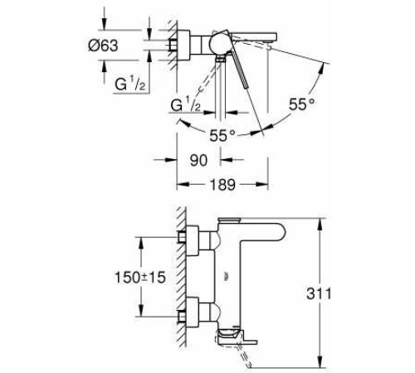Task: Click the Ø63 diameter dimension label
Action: (103, 46)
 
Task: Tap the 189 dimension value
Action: (222, 185)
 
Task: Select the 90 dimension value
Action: (198, 160)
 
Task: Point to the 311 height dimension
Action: (319, 293)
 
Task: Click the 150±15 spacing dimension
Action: (140, 277)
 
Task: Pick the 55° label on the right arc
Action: (301, 104)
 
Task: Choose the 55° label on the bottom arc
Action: (222, 135)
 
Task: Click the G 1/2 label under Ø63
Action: (129, 84)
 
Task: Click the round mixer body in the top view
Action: (220, 44)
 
